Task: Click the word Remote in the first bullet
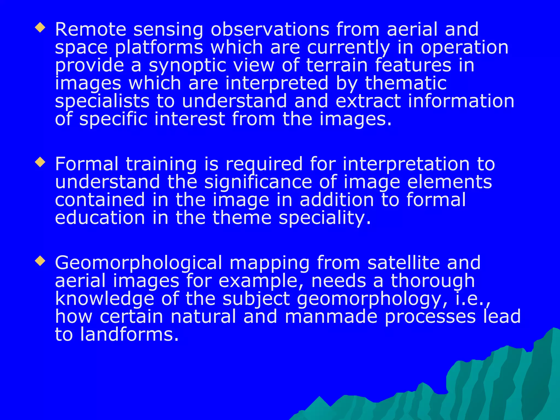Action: click(x=91, y=29)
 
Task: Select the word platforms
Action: click(x=159, y=48)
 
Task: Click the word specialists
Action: click(x=102, y=101)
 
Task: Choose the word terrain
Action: click(x=337, y=65)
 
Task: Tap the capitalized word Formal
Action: click(x=87, y=164)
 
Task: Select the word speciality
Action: click(x=325, y=218)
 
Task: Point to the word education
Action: click(x=100, y=218)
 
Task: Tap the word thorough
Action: click(x=433, y=281)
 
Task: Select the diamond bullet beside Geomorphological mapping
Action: click(x=40, y=261)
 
